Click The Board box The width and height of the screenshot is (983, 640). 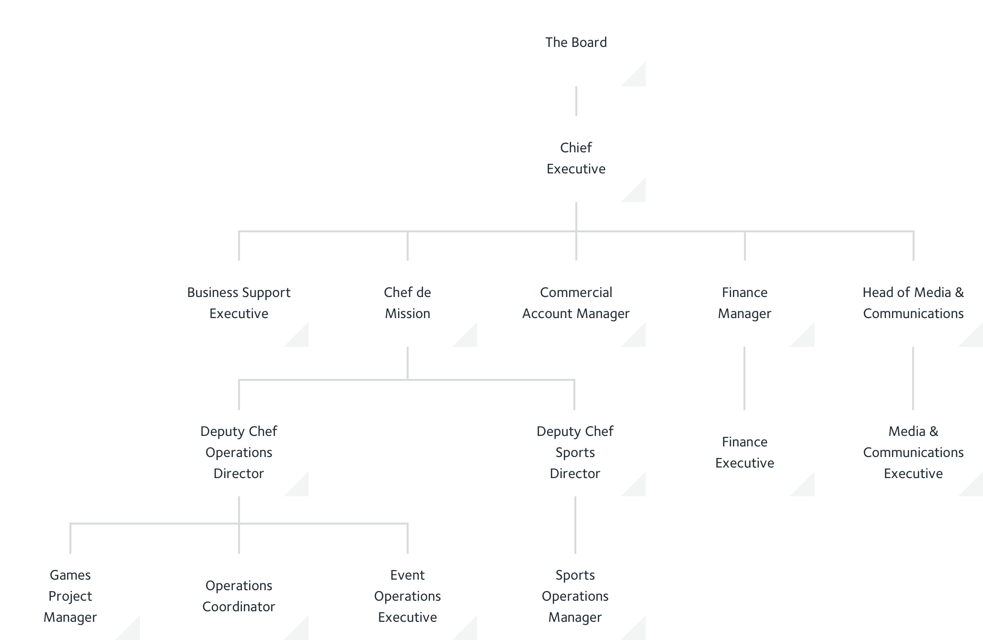pos(575,43)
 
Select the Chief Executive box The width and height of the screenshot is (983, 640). pos(575,159)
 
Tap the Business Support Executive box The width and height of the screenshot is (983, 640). pos(239,303)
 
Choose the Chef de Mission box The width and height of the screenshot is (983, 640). pos(407,303)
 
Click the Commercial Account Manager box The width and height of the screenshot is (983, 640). pos(575,303)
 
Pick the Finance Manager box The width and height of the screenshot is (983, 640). pos(744,303)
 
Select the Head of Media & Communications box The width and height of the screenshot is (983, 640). pos(913,303)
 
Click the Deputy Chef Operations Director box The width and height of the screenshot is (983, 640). pos(239,453)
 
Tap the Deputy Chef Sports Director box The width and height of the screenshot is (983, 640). pos(575,453)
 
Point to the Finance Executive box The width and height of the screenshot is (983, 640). pos(744,453)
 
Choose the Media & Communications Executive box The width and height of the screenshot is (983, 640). pos(913,453)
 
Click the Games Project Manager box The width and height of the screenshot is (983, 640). pos(70,596)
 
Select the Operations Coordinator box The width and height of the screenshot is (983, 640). pos(239,596)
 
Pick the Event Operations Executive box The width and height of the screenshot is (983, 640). pos(407,596)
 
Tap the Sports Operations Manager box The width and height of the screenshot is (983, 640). pos(575,596)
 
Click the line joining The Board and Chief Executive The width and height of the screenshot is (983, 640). pos(576,101)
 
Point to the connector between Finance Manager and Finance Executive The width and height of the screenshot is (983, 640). pos(744,378)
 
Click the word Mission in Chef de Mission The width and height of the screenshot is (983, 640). pos(408,314)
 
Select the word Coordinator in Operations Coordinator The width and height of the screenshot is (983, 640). pos(239,607)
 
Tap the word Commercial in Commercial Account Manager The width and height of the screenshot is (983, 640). pos(576,293)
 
